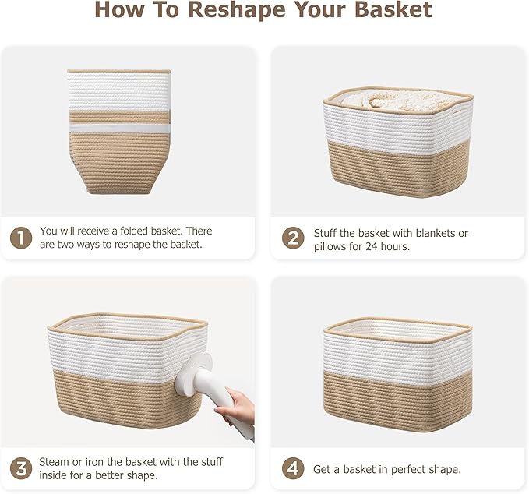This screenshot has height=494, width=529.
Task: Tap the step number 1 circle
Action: coord(20,238)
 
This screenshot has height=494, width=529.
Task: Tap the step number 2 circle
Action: coord(292,238)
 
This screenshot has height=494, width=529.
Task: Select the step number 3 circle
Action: coord(20,469)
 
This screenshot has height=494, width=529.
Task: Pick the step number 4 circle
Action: coord(292,469)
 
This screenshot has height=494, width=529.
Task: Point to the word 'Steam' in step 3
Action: coord(55,463)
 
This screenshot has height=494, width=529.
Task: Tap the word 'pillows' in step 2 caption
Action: coord(332,246)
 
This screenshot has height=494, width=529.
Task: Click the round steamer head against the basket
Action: coord(199,366)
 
